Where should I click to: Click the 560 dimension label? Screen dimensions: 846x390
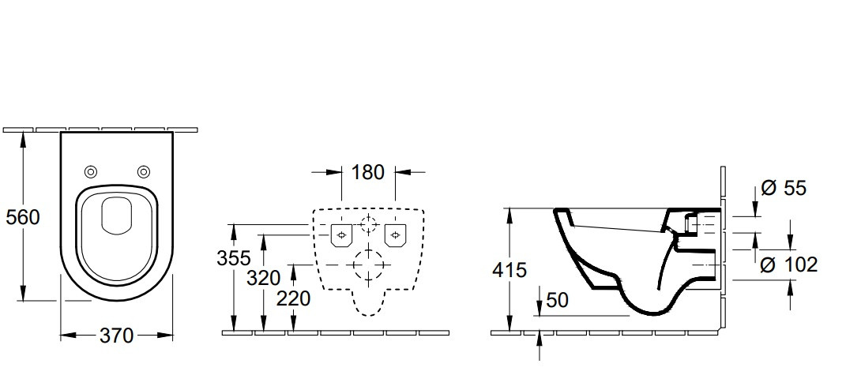pos(23,217)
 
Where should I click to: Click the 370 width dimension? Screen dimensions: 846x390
pos(116,336)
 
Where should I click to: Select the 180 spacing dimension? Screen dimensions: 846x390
pos(368,173)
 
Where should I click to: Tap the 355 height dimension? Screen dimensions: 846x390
pos(234,258)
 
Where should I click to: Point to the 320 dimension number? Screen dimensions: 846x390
pos(264,279)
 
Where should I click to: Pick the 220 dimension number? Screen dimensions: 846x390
pos(294,298)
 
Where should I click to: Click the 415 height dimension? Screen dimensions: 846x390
pos(509,270)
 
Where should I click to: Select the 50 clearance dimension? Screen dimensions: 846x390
pos(558,300)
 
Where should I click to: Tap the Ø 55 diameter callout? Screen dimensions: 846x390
pos(784,188)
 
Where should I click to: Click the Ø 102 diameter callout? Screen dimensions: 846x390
pos(789,264)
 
